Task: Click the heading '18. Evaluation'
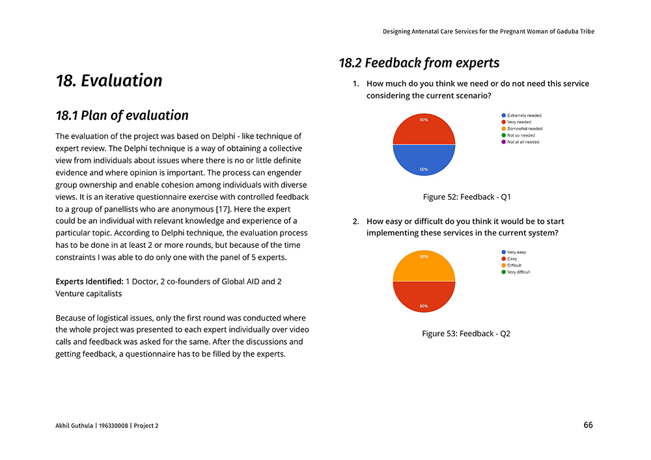109,81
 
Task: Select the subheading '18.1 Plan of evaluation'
122,116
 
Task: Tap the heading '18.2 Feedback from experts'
419,63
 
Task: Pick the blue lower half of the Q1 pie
424,159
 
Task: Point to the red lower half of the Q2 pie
424,295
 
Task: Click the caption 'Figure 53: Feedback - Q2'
466,334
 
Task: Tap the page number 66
588,425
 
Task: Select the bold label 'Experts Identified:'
89,282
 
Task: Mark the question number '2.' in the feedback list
356,221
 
